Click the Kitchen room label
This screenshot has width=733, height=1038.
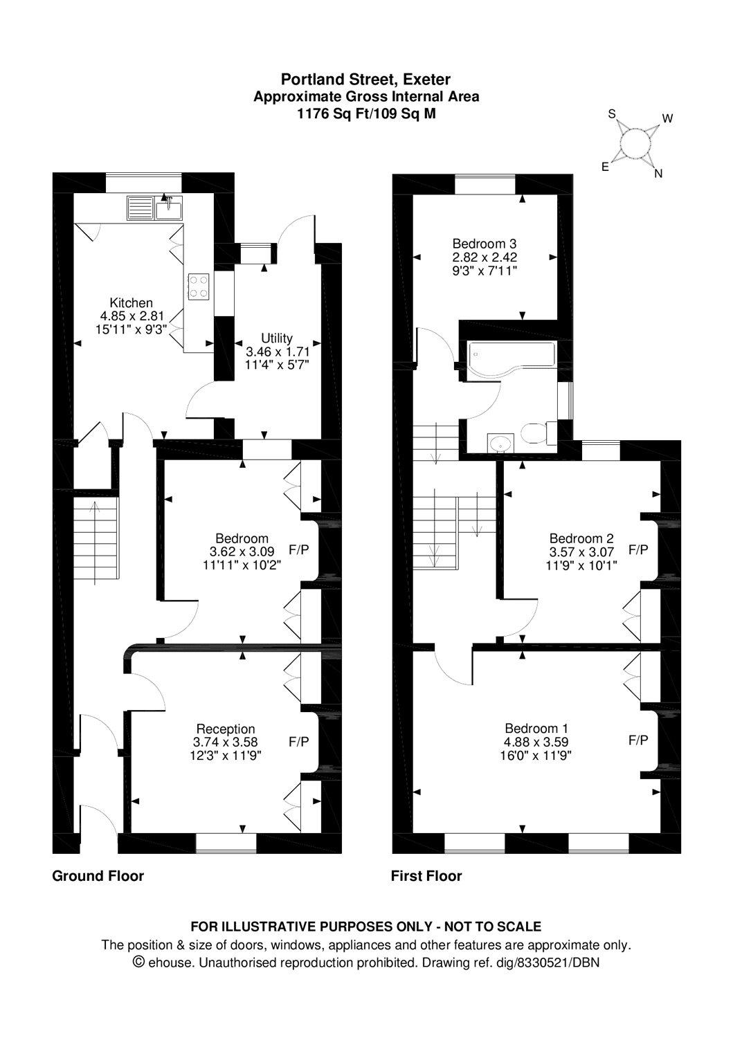pos(131,302)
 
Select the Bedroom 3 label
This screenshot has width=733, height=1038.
pos(484,244)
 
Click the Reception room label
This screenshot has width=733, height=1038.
pos(226,729)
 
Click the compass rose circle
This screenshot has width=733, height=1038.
pos(635,144)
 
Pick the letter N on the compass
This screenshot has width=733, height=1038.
pos(658,174)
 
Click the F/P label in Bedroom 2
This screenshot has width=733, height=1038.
pos(638,550)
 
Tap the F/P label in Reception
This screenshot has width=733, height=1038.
pos(299,741)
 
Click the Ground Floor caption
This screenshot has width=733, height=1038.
pos(98,876)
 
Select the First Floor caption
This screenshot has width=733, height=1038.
pos(426,876)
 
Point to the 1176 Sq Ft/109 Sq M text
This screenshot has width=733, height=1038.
pos(365,114)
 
